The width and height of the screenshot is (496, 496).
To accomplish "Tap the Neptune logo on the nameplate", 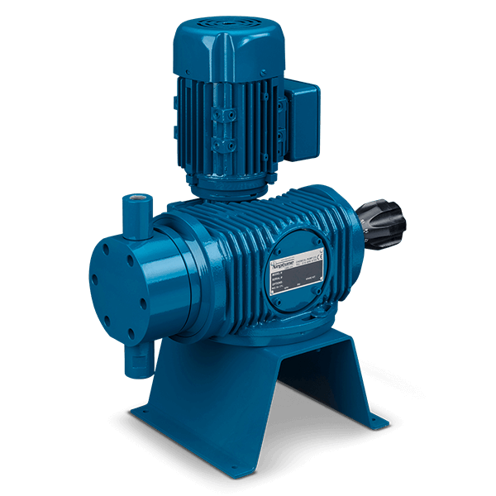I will pyautogui.click(x=289, y=257).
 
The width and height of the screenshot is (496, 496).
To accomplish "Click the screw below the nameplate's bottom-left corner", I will pyautogui.click(x=276, y=313).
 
